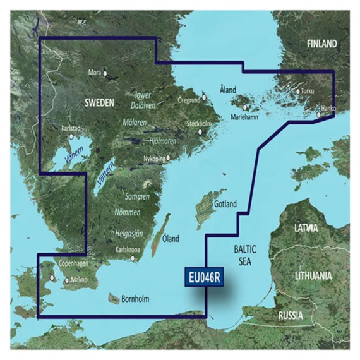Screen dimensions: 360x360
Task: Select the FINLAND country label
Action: click(321, 44)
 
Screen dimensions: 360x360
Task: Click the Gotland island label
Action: click(225, 205)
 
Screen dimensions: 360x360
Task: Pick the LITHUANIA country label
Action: click(313, 276)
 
